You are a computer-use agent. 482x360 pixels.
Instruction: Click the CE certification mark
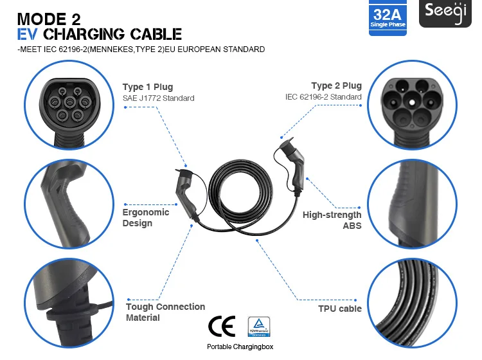pyautogui.click(x=222, y=326)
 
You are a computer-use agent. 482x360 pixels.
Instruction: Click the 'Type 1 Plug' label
pyautogui.click(x=147, y=87)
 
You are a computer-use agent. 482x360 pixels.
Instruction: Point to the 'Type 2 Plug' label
pyautogui.click(x=336, y=85)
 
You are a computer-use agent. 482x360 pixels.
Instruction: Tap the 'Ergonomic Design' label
pyautogui.click(x=146, y=217)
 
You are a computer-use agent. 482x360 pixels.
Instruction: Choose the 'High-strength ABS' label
pyautogui.click(x=332, y=220)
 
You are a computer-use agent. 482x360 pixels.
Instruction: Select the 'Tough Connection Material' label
pyautogui.click(x=165, y=312)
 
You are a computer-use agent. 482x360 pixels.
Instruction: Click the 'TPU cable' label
pyautogui.click(x=340, y=309)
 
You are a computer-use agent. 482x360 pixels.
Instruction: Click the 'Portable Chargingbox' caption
pyautogui.click(x=240, y=346)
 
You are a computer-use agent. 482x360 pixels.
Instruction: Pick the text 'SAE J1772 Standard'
pyautogui.click(x=158, y=98)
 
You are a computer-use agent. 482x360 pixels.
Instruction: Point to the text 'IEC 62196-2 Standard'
pyautogui.click(x=323, y=97)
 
